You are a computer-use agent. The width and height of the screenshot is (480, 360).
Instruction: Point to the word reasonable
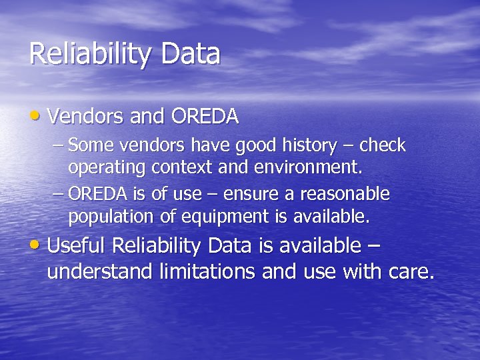345,194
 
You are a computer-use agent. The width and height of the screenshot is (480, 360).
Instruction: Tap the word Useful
77,245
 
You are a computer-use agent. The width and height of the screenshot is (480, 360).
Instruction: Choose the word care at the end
406,271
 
